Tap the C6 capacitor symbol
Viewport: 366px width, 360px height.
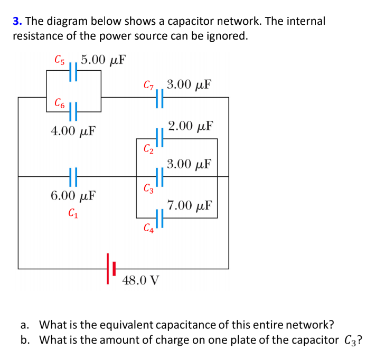tap(73, 111)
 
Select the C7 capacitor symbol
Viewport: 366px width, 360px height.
tap(160, 97)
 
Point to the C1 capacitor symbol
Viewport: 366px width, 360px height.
tap(73, 177)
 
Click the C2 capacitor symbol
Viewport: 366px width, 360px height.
tap(160, 138)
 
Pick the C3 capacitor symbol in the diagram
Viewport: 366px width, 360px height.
tap(160, 177)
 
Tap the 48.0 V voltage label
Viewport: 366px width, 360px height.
tap(140, 280)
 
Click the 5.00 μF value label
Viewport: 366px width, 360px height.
tap(103, 59)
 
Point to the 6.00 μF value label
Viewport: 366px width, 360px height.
tap(73, 196)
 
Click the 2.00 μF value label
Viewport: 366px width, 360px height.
tap(190, 126)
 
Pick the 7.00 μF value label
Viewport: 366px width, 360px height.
tap(190, 205)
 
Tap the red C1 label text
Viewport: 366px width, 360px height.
tap(73, 214)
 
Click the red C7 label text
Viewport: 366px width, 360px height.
tap(148, 85)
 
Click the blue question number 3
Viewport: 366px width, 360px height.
tap(16, 22)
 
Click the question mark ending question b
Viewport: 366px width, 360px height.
tap(359, 339)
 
